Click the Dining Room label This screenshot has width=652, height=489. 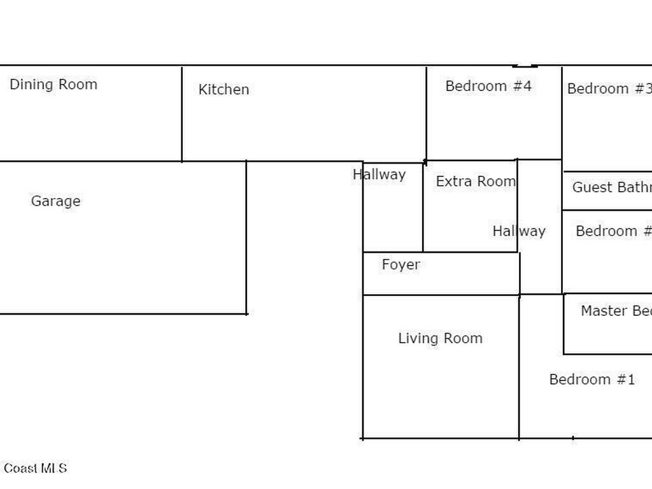click(53, 85)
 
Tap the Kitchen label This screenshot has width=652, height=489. click(223, 90)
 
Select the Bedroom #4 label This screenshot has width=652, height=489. click(488, 86)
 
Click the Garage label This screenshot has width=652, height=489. click(56, 201)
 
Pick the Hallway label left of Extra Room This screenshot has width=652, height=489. click(379, 174)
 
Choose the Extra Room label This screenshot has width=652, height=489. click(476, 181)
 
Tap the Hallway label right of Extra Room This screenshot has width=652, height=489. click(519, 231)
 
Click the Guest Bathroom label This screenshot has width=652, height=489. click(611, 187)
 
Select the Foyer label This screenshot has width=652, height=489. click(401, 265)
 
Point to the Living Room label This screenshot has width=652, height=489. click(441, 339)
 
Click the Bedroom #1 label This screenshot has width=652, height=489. click(592, 379)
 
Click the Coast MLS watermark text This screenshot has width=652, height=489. click(35, 469)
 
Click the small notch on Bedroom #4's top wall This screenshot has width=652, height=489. click(525, 65)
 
